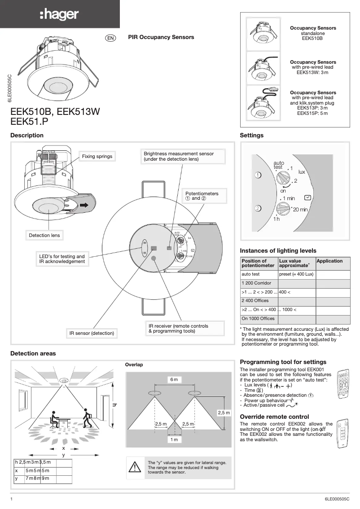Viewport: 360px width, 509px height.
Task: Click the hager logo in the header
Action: coord(59,14)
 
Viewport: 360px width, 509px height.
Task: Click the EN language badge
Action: coord(110,38)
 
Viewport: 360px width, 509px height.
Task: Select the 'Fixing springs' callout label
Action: coord(97,156)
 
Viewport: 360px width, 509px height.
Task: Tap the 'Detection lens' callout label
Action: coord(44,235)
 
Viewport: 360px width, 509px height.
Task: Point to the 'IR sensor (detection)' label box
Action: coord(92,333)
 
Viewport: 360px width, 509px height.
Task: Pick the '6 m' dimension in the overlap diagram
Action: coord(174,380)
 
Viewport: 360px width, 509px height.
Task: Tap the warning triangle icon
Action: coord(135,467)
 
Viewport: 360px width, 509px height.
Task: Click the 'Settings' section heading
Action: coord(251,135)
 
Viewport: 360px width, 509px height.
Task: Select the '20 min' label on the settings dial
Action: coord(300,209)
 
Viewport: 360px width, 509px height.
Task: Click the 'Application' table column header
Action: coord(329,261)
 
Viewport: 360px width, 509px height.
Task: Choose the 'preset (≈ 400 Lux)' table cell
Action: coord(296,274)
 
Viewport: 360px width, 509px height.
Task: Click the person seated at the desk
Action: coord(56,420)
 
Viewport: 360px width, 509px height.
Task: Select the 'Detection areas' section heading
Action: coord(33,353)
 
